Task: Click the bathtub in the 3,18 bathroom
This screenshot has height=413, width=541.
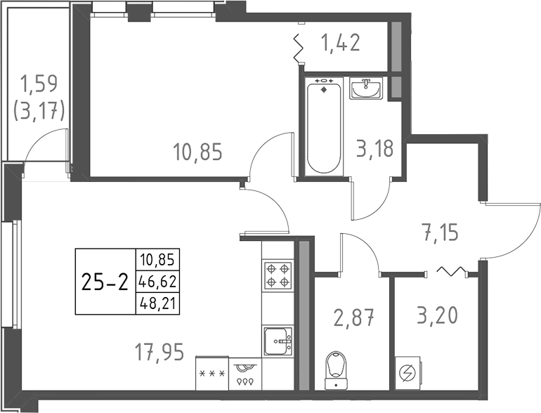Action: point(324,126)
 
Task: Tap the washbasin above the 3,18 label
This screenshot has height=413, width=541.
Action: point(365,88)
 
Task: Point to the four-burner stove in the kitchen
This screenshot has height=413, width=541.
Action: point(277,275)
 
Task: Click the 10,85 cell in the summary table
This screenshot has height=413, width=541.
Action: point(157,260)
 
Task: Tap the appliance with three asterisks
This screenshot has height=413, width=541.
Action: point(212,372)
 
